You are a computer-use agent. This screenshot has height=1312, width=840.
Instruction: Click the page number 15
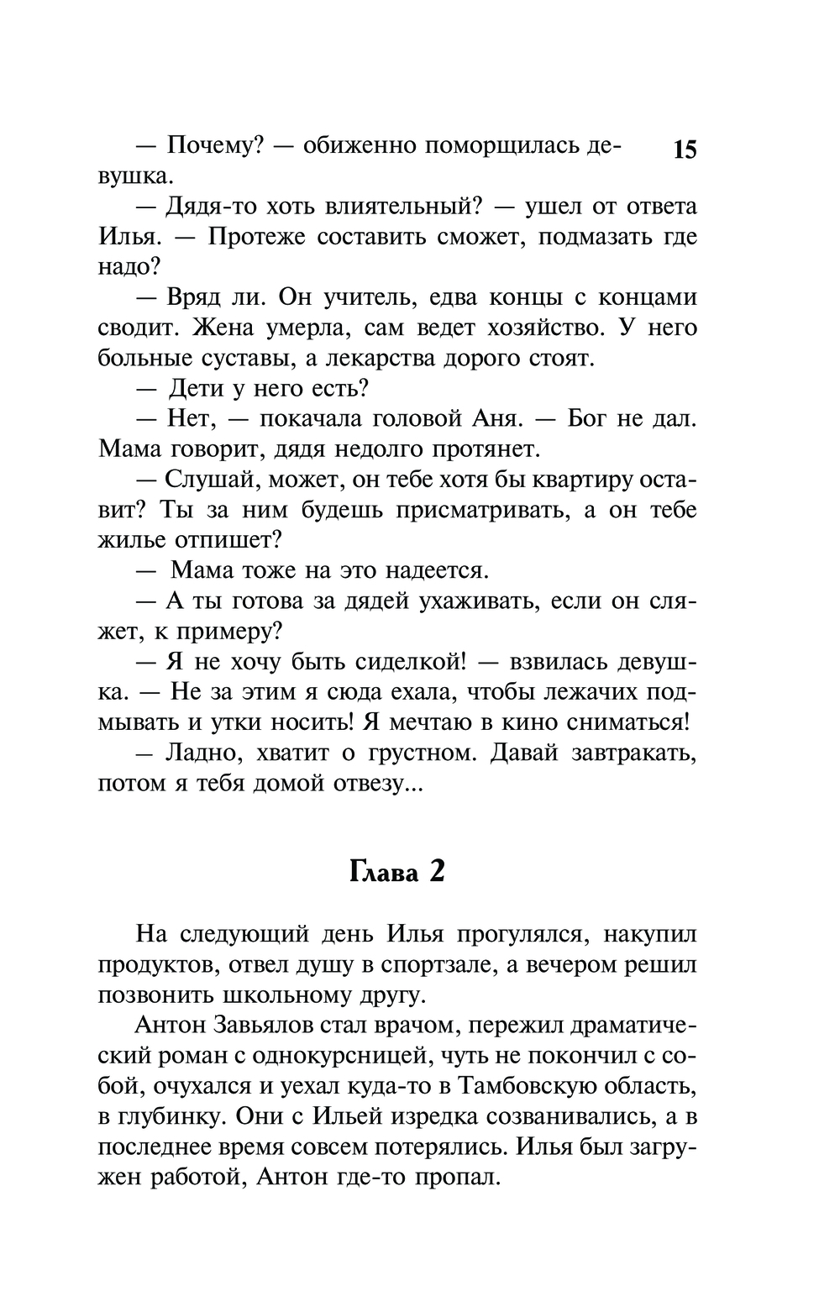pos(685,150)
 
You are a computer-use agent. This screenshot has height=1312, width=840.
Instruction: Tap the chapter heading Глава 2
pos(396,872)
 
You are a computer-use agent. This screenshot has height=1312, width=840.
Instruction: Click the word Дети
pos(194,388)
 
